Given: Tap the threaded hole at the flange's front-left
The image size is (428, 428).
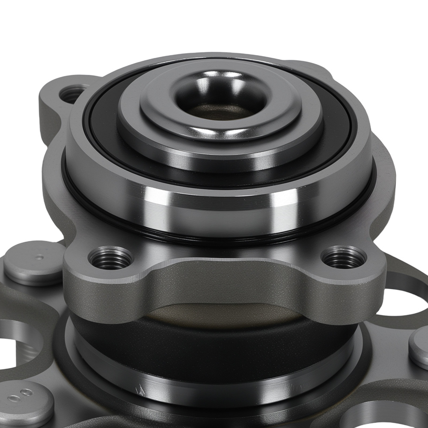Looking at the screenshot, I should point(110,258).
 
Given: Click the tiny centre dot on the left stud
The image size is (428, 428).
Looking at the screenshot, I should point(40,258).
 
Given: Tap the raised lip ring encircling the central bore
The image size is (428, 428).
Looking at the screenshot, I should point(221,124).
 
